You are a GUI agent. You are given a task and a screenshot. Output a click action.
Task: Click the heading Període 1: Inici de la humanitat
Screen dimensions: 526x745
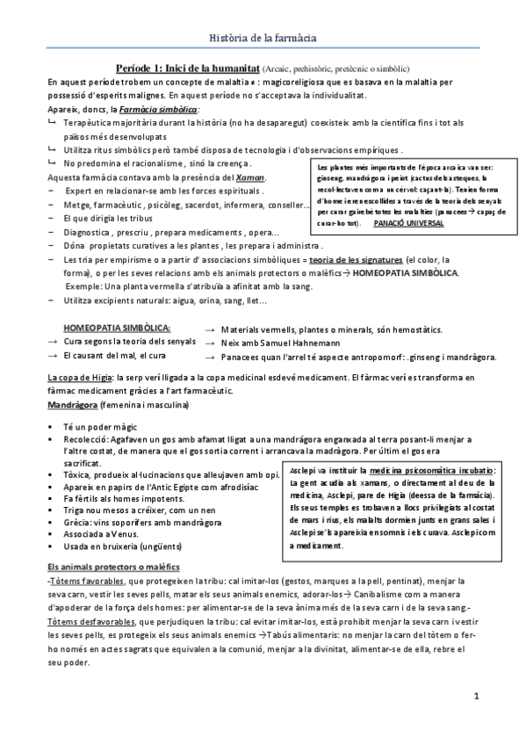coord(187,68)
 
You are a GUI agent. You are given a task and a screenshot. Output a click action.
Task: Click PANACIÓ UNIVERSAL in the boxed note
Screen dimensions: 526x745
coord(408,223)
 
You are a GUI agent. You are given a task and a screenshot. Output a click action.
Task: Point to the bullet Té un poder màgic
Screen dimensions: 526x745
coord(97,425)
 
